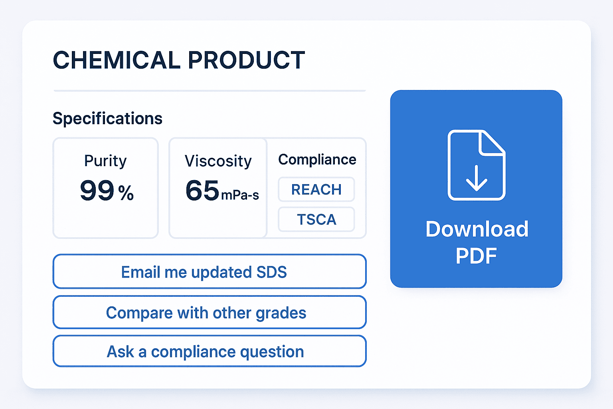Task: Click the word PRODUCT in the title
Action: pyautogui.click(x=247, y=60)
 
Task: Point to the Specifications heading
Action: pyautogui.click(x=107, y=119)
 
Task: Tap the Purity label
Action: pyautogui.click(x=105, y=161)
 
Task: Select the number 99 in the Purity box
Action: pyautogui.click(x=97, y=190)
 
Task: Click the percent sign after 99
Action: pyautogui.click(x=126, y=193)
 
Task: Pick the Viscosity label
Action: pyautogui.click(x=218, y=161)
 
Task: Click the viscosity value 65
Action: pyautogui.click(x=202, y=190)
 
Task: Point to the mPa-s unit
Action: pyautogui.click(x=240, y=195)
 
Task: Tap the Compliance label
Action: pyautogui.click(x=317, y=160)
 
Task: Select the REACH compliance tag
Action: pyautogui.click(x=316, y=189)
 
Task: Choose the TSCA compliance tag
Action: pyautogui.click(x=316, y=219)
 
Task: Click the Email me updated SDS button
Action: pyautogui.click(x=210, y=272)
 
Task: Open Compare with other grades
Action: pyautogui.click(x=210, y=312)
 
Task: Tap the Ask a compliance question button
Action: pyautogui.click(x=210, y=351)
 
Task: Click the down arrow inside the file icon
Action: pyautogui.click(x=477, y=178)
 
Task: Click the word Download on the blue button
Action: pyautogui.click(x=477, y=229)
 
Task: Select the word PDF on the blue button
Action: pyautogui.click(x=476, y=256)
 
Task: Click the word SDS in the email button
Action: pyautogui.click(x=271, y=272)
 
